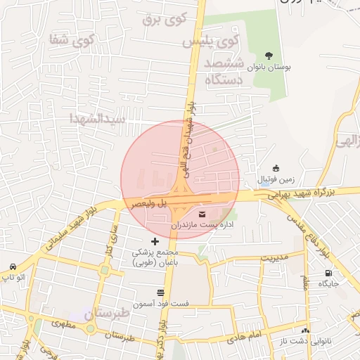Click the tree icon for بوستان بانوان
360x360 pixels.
click(x=269, y=56)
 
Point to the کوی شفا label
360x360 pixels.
click(x=72, y=39)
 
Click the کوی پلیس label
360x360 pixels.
click(x=210, y=41)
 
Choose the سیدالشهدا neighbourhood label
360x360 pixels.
click(x=98, y=118)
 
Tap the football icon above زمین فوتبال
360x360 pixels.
click(x=276, y=168)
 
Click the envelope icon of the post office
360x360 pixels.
click(x=203, y=214)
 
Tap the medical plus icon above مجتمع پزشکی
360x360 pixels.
click(x=155, y=241)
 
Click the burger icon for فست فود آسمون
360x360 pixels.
click(x=160, y=291)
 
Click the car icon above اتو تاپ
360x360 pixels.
click(x=13, y=266)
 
